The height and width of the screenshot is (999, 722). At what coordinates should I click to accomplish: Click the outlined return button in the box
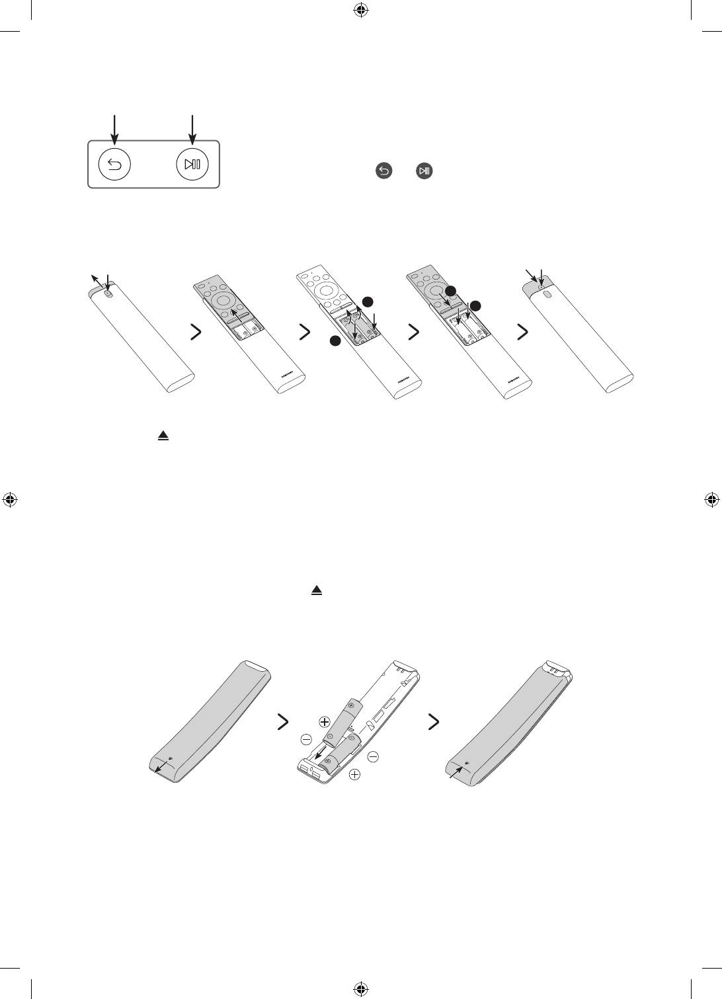tap(114, 164)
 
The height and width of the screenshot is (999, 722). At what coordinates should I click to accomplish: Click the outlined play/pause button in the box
tap(192, 164)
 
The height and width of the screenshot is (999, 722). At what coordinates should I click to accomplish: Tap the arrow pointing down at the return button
tap(115, 130)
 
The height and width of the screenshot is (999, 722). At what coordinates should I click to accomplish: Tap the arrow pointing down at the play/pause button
tap(192, 130)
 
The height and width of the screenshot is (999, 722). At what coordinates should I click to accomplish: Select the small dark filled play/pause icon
tap(424, 171)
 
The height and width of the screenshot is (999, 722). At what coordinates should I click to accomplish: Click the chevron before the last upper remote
tap(522, 333)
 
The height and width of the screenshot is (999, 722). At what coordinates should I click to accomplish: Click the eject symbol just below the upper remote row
tap(162, 437)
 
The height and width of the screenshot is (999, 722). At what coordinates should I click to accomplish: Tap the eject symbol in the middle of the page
tap(317, 590)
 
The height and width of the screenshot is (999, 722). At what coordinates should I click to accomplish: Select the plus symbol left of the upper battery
tap(325, 721)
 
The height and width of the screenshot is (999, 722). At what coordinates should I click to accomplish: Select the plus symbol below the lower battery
tap(355, 774)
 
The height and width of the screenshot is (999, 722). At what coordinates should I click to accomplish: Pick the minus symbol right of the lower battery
tap(372, 756)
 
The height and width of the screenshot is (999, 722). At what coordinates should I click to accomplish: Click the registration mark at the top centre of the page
tap(361, 10)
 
